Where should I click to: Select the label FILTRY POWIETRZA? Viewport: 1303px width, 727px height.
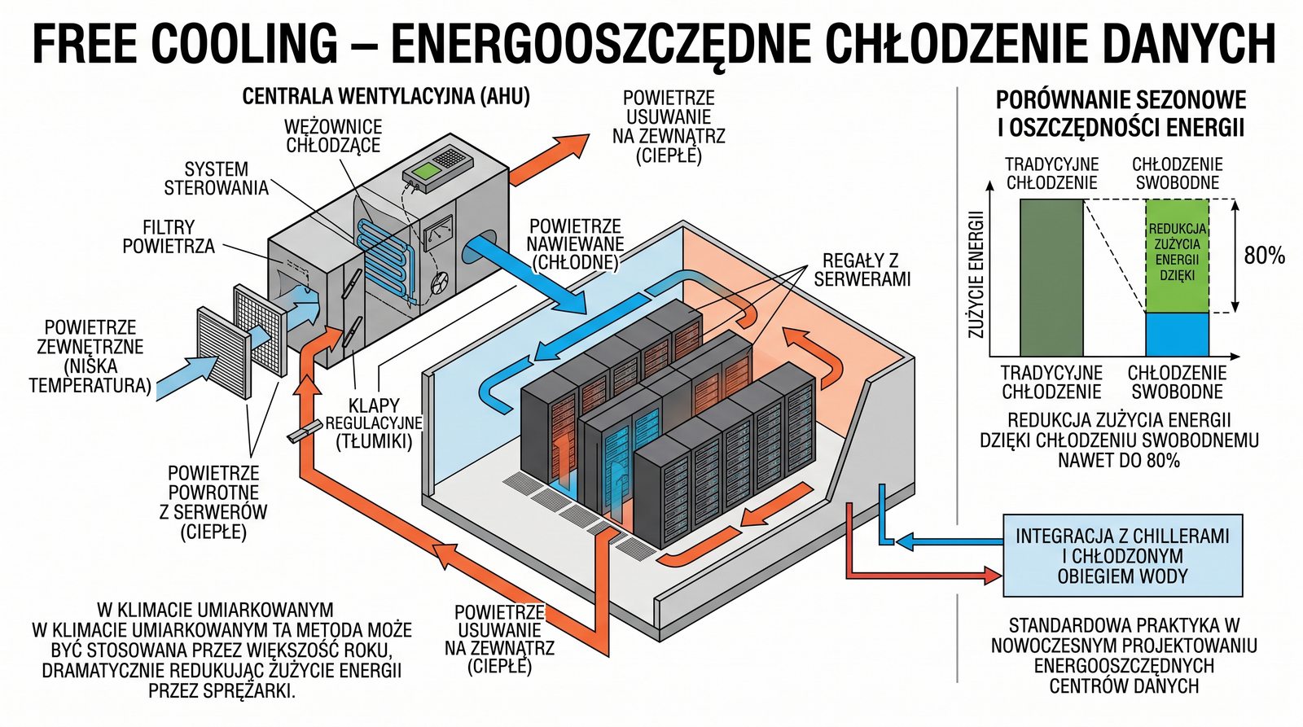pyautogui.click(x=169, y=236)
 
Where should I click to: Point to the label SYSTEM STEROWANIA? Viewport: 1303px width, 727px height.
pyautogui.click(x=216, y=178)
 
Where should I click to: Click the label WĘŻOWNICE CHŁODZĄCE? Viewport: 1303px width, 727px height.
pyautogui.click(x=333, y=136)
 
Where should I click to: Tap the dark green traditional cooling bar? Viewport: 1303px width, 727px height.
pyautogui.click(x=1051, y=277)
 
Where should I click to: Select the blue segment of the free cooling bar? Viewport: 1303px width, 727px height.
pyautogui.click(x=1177, y=335)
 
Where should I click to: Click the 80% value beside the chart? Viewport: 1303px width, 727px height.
pyautogui.click(x=1264, y=256)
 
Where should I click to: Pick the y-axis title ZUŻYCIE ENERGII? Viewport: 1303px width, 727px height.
pyautogui.click(x=976, y=274)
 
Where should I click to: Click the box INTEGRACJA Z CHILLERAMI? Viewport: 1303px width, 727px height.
pyautogui.click(x=1122, y=555)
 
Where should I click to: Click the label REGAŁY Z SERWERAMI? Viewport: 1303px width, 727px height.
pyautogui.click(x=862, y=269)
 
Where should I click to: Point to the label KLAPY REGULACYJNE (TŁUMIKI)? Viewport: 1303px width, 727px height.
pyautogui.click(x=374, y=423)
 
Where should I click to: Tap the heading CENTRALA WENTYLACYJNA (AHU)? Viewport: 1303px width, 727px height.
pyautogui.click(x=386, y=96)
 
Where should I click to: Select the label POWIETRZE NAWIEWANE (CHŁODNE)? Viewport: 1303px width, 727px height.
pyautogui.click(x=575, y=243)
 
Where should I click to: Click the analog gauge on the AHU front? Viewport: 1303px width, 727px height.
pyautogui.click(x=438, y=233)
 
